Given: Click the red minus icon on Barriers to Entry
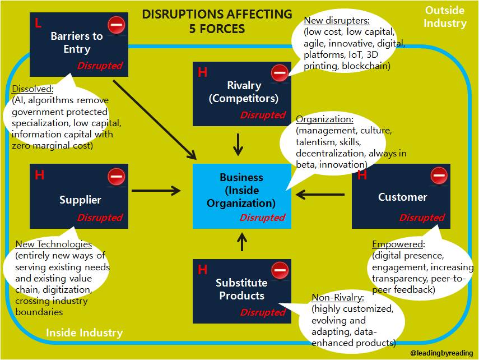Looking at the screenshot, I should coord(117,25).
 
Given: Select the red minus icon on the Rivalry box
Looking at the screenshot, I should coord(280,72).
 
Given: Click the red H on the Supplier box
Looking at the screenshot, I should coord(39,175).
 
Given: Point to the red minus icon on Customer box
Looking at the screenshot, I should coord(439,176).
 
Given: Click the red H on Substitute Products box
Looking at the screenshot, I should coord(203,270).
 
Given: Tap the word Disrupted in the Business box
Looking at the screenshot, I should coord(262,218).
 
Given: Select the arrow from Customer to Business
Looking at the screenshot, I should coord(320,195).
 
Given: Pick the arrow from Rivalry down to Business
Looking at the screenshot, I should coord(239,144).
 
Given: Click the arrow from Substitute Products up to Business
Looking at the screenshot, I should coord(242,242).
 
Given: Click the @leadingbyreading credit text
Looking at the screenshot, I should coord(441,353).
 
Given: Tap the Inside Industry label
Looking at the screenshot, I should coord(84,333).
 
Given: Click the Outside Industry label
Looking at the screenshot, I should coord(445,17).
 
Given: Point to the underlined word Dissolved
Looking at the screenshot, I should coord(32,89).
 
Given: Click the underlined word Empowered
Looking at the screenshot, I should coord(398,244).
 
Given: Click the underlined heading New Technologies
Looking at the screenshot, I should coord(53,244).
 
